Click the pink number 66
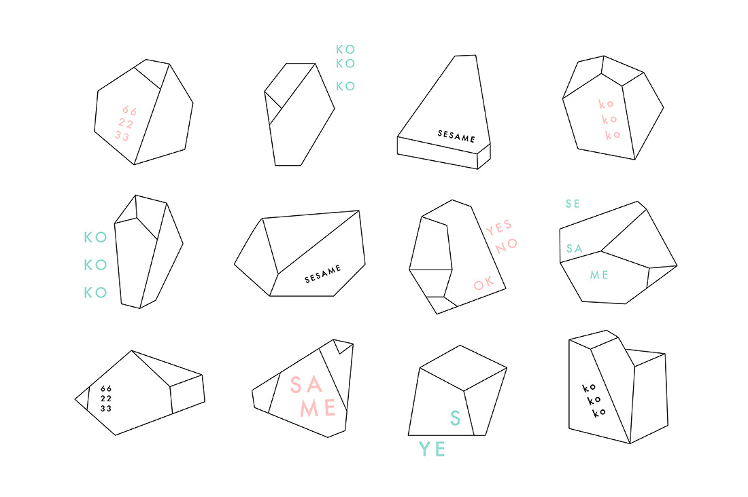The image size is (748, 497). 129,111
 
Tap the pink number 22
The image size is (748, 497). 126,124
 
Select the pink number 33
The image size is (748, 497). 122,136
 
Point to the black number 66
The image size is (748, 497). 106,389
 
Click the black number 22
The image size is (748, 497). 106,399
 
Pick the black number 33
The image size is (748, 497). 106,408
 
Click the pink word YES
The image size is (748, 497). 499,227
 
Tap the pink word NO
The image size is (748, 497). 506,246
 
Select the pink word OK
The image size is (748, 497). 483,284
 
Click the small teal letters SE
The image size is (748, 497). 573,204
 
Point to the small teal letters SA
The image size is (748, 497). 575,248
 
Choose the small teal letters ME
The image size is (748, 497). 599,275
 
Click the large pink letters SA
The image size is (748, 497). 306,384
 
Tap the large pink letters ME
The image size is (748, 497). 318,408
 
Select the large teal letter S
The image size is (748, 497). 456,418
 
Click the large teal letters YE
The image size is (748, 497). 432,449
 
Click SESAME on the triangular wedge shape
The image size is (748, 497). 456,136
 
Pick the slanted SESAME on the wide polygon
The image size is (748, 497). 323,274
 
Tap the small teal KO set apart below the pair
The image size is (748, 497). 345,86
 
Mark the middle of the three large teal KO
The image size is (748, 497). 95,265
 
